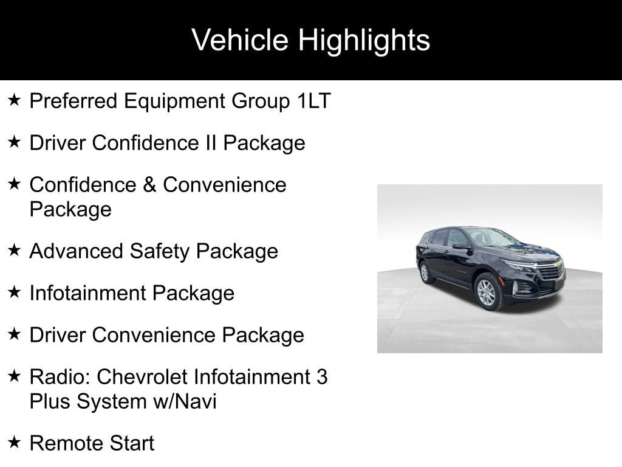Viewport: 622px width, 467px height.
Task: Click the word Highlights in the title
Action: click(x=364, y=41)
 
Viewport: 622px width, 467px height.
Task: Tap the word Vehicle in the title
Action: click(x=240, y=40)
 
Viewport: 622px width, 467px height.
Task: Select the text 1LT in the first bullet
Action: click(x=314, y=101)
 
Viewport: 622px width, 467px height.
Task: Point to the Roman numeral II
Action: click(x=211, y=142)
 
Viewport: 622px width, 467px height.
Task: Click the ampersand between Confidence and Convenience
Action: click(x=149, y=185)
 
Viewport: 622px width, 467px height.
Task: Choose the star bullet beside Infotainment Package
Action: click(x=15, y=292)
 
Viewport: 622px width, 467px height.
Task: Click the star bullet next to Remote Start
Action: click(x=15, y=441)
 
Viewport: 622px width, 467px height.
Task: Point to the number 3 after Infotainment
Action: click(x=322, y=377)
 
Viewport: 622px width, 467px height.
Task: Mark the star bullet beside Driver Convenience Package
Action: click(x=15, y=334)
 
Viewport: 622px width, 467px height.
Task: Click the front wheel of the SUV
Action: click(x=487, y=292)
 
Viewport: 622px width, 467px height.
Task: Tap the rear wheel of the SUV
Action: click(x=425, y=272)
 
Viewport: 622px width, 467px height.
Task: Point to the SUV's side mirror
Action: click(x=461, y=246)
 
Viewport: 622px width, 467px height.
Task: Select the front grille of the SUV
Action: click(x=552, y=271)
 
